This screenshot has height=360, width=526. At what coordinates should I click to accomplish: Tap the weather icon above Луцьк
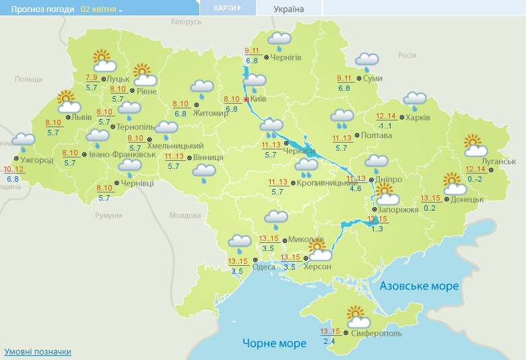[x=103, y=61]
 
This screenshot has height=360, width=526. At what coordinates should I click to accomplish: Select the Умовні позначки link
[x=38, y=351]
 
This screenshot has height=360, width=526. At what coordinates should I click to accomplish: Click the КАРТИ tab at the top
[x=228, y=8]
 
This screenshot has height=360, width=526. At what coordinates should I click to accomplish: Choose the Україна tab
[x=289, y=9]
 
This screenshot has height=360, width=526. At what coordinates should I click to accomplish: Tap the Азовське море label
[x=419, y=286]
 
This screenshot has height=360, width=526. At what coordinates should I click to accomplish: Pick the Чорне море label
[x=275, y=343]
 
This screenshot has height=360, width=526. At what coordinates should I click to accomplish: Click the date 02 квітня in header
[x=101, y=9]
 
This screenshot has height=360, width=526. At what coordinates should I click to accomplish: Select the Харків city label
[x=418, y=118]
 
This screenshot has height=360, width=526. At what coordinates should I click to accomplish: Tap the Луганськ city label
[x=499, y=161]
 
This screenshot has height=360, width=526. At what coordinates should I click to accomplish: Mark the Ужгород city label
[x=37, y=160]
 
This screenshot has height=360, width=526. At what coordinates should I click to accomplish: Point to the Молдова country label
[x=185, y=215]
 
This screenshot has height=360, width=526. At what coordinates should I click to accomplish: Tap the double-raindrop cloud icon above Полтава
[x=342, y=119]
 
